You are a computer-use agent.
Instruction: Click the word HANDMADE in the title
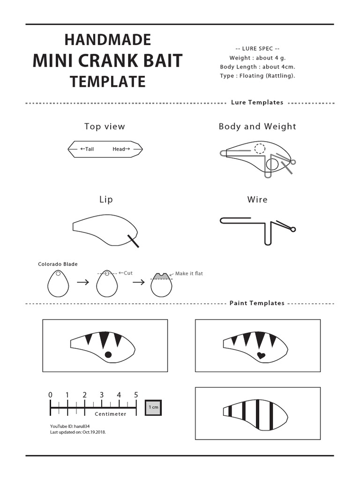click(108, 40)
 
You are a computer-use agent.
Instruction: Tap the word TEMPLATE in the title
click(108, 82)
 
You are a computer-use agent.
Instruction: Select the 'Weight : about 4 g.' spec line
click(257, 58)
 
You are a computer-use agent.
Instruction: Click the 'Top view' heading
click(105, 126)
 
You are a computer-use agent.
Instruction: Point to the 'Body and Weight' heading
click(257, 126)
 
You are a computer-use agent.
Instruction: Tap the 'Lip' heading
click(106, 199)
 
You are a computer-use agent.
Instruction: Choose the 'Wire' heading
click(257, 199)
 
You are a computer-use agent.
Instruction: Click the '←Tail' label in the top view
click(87, 149)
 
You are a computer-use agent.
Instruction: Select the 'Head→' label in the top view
click(121, 149)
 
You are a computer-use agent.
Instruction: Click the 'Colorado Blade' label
click(58, 264)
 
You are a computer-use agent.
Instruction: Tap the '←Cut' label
click(126, 273)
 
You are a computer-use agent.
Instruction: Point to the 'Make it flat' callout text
click(189, 273)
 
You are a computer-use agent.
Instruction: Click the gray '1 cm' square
click(153, 407)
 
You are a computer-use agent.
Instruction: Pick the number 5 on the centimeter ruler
click(136, 395)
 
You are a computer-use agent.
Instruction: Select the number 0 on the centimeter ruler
click(50, 395)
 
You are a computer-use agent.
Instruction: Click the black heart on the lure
click(262, 355)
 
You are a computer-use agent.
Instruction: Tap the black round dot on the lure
click(108, 354)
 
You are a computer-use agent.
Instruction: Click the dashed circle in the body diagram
click(259, 149)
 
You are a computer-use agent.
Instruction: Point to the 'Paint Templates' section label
click(257, 303)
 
